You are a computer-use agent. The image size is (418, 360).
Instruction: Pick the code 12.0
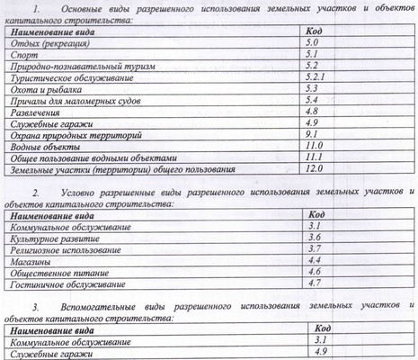pyautogui.click(x=314, y=166)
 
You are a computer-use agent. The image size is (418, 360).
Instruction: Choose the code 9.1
pyautogui.click(x=312, y=133)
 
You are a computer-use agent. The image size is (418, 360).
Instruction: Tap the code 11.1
pyautogui.click(x=314, y=156)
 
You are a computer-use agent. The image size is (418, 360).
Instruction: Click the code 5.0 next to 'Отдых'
pyautogui.click(x=313, y=43)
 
